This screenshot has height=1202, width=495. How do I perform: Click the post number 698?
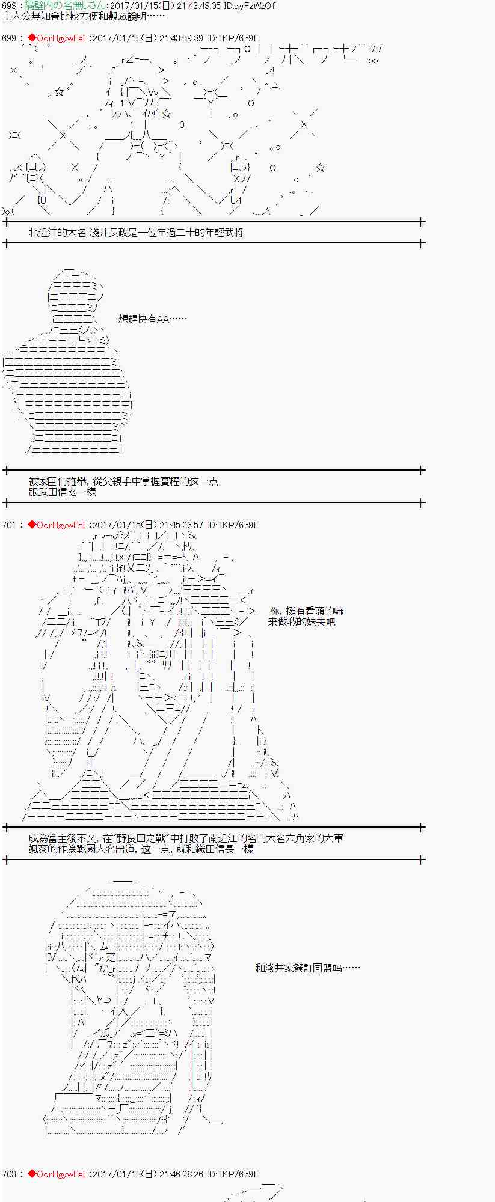pos(9,6)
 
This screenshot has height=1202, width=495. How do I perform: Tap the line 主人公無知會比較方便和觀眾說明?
pos(78,16)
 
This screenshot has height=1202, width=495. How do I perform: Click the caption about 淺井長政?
pos(135,233)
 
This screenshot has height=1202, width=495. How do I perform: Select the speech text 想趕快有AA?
pos(152,319)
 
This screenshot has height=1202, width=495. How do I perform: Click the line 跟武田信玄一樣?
pos(62,492)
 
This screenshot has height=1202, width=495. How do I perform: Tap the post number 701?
pos(9,525)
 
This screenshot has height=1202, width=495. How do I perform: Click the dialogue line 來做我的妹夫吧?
pos(301,622)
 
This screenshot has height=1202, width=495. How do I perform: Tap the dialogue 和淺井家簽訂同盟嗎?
pos(307,968)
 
